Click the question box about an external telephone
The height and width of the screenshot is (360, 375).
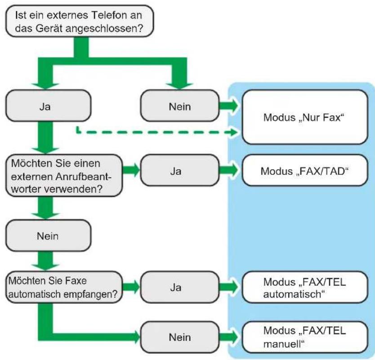tap(79, 21)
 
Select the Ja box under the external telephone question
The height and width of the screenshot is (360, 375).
tap(48, 106)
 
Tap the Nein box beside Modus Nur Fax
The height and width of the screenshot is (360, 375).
tap(179, 106)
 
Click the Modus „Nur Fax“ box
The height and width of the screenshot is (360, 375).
tap(305, 117)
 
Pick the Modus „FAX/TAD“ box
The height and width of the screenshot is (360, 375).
tap(305, 170)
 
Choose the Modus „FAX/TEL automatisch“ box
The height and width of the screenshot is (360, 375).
tap(305, 287)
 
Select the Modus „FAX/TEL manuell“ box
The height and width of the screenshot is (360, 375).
tap(305, 337)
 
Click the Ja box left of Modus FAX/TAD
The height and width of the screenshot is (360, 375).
tap(179, 170)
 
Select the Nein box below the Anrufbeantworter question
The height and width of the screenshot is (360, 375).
tap(48, 236)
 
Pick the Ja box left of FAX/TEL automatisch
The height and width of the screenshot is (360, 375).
tap(179, 287)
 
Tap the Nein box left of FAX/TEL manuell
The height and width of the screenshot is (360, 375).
tap(179, 337)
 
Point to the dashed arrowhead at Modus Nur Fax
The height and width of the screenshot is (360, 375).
tap(235, 132)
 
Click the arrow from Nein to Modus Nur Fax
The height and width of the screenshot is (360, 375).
tap(229, 106)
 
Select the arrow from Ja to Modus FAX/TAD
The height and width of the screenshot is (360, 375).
tap(229, 170)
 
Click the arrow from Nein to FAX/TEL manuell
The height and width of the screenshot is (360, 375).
tap(229, 337)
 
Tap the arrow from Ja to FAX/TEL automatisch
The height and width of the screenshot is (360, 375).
tap(229, 287)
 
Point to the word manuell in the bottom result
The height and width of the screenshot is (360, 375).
tap(284, 344)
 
